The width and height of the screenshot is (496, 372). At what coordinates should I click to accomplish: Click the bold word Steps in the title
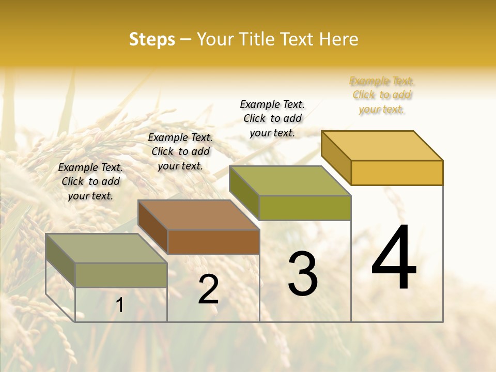[152, 39]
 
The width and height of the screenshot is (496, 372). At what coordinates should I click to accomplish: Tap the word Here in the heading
[338, 39]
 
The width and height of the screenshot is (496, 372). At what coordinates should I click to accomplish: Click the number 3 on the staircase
[303, 274]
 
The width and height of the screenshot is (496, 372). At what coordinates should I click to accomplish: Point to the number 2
[208, 289]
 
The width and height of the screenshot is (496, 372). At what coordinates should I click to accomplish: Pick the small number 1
[120, 305]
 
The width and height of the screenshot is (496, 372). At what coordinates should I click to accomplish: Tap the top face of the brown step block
[199, 215]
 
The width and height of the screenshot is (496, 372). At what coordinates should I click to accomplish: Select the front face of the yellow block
[397, 173]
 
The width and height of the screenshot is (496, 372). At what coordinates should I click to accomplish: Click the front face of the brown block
[213, 242]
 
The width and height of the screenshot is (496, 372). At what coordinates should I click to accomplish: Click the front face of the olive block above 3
[305, 208]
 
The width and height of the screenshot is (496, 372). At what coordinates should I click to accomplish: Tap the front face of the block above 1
[121, 275]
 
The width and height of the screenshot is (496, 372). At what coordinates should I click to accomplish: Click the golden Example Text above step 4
[382, 81]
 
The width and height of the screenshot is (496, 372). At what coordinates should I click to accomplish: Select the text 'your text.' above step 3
[272, 132]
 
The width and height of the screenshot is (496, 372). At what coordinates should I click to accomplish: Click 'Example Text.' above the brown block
[180, 137]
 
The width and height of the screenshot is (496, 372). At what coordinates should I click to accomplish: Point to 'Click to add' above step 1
[91, 181]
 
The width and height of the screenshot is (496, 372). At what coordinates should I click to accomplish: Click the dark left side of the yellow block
[336, 158]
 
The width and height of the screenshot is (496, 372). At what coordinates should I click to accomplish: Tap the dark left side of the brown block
[153, 227]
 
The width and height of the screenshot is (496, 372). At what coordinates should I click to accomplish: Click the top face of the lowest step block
[106, 249]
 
